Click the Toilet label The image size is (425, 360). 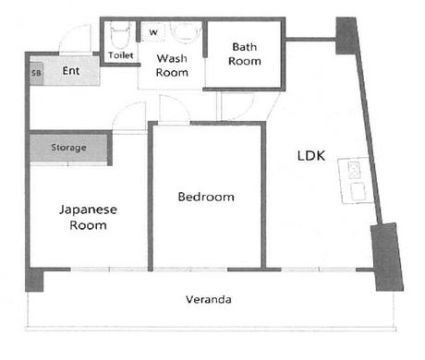pyautogui.click(x=121, y=55)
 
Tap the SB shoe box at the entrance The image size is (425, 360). pyautogui.click(x=36, y=74)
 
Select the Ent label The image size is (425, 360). pyautogui.click(x=71, y=71)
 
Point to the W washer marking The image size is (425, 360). pyautogui.click(x=153, y=32)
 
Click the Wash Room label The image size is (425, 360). pyautogui.click(x=172, y=66)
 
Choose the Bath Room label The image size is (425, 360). pyautogui.click(x=245, y=54)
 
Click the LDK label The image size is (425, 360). pyautogui.click(x=311, y=156)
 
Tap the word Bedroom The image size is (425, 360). pyautogui.click(x=206, y=197)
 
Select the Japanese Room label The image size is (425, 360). pyautogui.click(x=88, y=217)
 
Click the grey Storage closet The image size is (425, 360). pyautogui.click(x=68, y=148)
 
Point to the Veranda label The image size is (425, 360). pyautogui.click(x=209, y=299)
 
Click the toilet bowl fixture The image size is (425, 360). pyautogui.click(x=120, y=35)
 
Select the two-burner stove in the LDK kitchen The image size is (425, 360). pyautogui.click(x=354, y=171)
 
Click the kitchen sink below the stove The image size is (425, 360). pyautogui.click(x=358, y=191)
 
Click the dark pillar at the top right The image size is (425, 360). pyautogui.click(x=346, y=35)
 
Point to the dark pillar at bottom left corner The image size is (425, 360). pyautogui.click(x=34, y=280)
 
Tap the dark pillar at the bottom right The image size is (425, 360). pyautogui.click(x=387, y=258)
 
